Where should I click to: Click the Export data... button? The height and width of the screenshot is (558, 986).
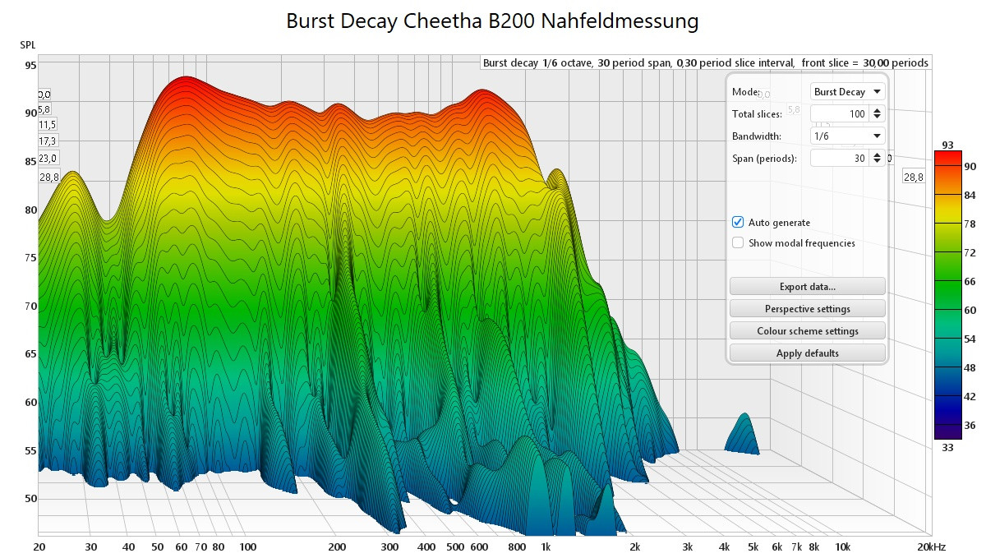point(807,287)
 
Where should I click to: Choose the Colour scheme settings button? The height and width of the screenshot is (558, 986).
point(807,331)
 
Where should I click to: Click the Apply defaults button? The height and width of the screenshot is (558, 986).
point(807,353)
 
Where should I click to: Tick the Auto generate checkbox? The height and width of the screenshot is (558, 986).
point(738,223)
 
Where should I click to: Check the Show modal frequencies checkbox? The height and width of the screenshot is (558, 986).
point(738,243)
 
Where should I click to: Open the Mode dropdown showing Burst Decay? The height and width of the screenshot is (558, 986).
point(848,92)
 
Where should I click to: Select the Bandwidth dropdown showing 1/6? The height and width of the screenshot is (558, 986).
point(848,136)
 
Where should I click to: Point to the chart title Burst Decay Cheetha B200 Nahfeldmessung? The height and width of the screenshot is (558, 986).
point(492,21)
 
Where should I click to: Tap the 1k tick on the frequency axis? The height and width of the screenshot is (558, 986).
point(545,547)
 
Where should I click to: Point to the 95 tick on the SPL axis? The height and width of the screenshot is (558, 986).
point(30,66)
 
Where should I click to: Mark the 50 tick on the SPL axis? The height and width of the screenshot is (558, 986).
point(30,499)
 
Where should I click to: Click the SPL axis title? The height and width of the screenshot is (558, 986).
point(28,44)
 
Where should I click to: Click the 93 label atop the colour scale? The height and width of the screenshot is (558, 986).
point(947,145)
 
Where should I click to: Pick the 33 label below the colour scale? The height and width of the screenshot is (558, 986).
point(947,446)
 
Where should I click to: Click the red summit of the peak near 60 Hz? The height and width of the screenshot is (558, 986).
point(185,81)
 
